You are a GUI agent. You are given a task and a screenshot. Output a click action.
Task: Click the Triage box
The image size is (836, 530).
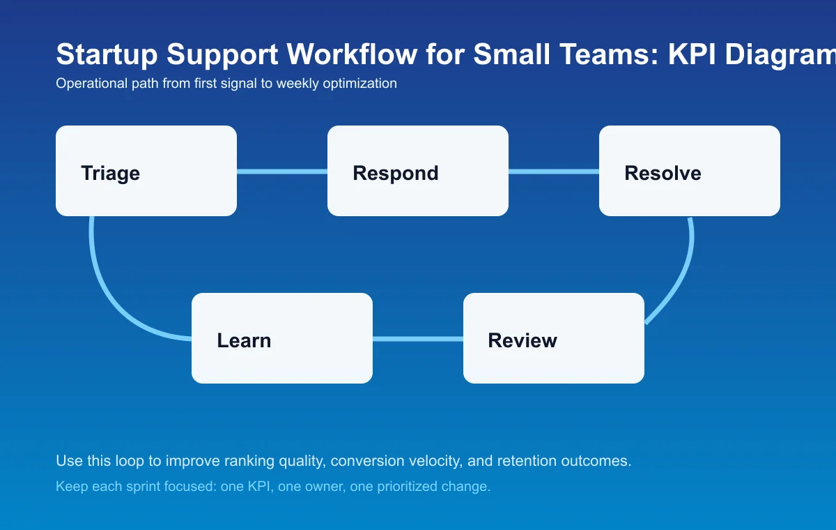[x=146, y=171]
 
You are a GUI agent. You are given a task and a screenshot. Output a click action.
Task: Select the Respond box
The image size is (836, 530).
[x=418, y=171]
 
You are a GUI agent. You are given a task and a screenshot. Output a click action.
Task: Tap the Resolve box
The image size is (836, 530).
[x=690, y=171]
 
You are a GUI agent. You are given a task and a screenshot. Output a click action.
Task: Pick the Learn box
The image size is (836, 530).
[x=282, y=338]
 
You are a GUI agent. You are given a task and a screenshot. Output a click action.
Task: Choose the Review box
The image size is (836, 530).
[x=554, y=338]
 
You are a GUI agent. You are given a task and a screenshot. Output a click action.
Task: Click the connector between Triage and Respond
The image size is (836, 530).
[x=282, y=172]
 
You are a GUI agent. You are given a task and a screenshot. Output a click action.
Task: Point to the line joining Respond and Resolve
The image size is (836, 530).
[x=554, y=172]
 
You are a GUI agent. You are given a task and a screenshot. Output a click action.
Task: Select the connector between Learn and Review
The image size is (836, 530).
[x=418, y=339]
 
